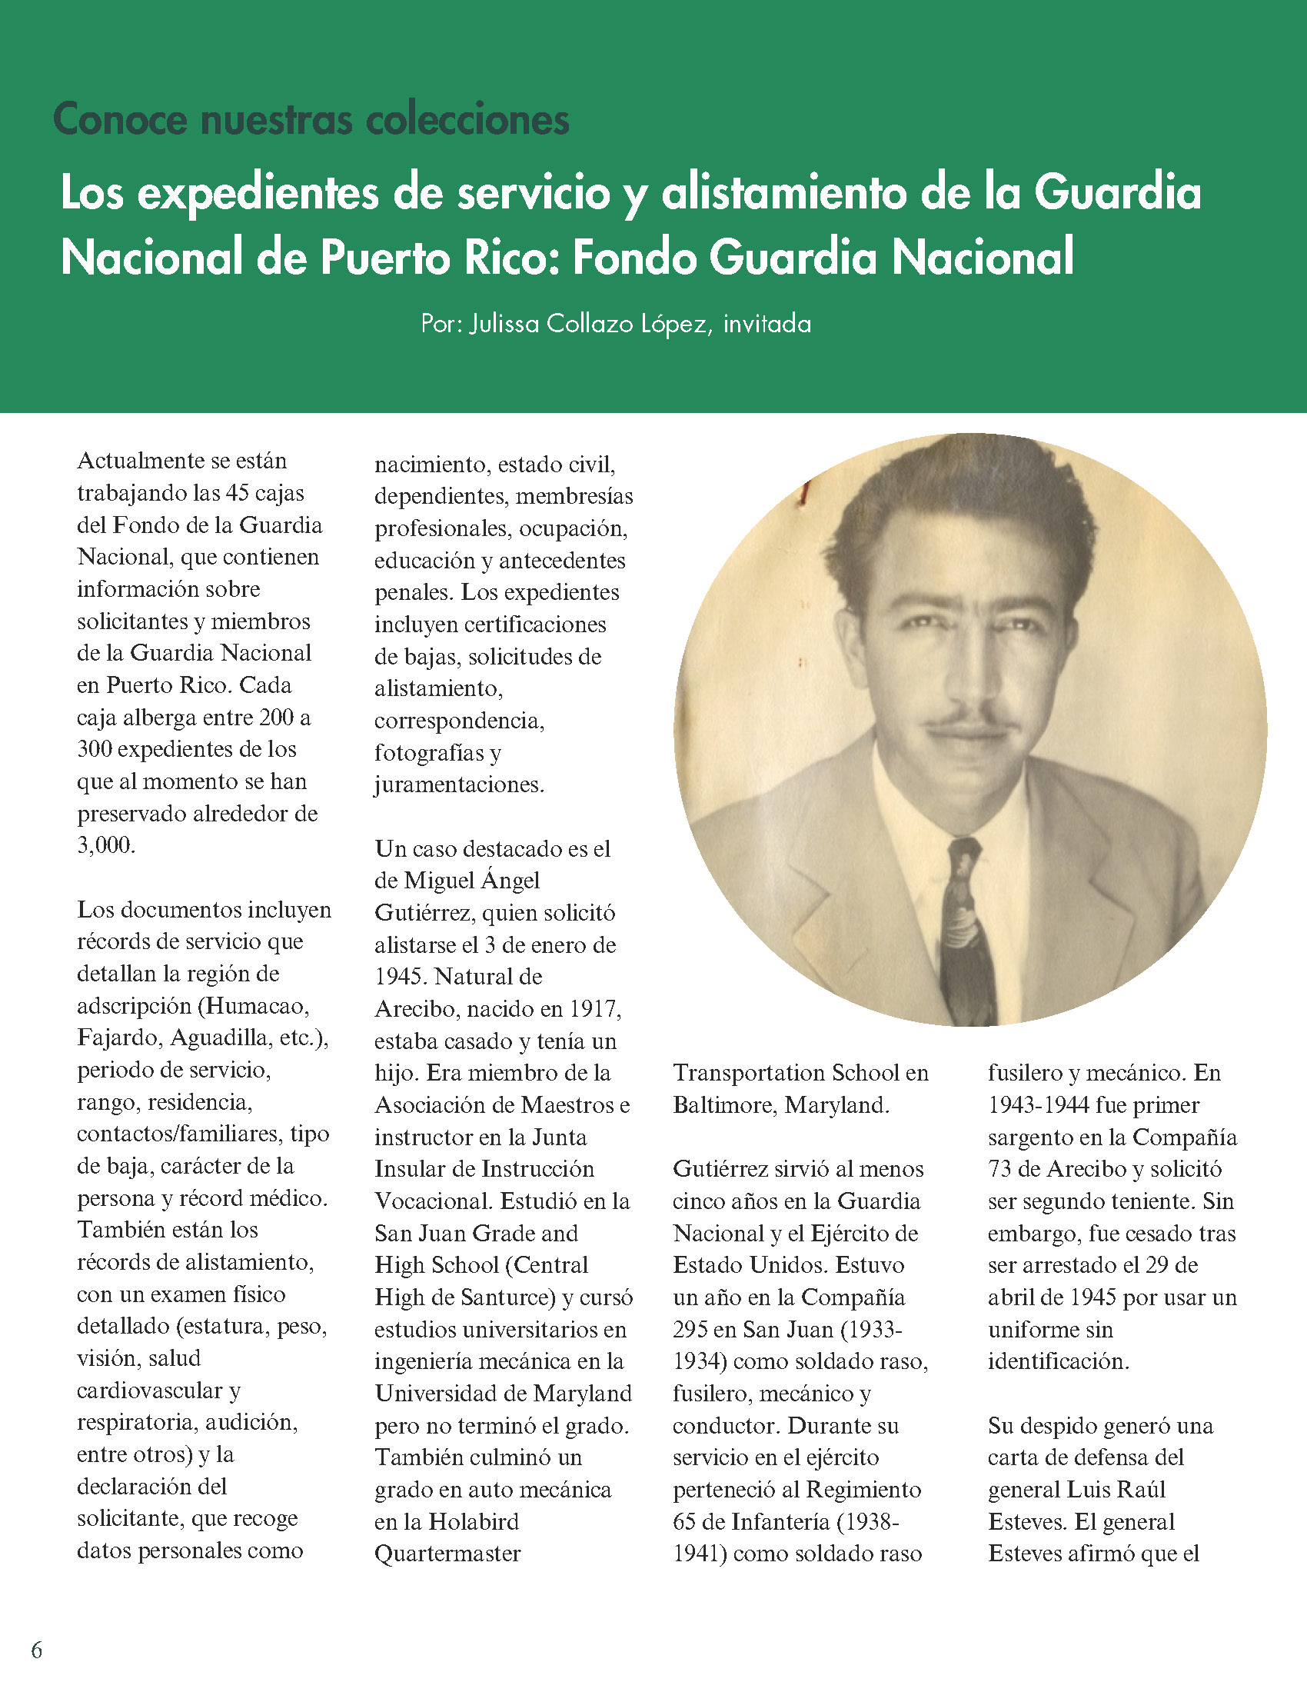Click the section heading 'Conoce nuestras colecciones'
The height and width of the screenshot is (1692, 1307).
(x=311, y=119)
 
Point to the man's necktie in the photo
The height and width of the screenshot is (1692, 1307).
(x=969, y=930)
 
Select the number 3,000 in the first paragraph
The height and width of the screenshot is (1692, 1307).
(x=106, y=845)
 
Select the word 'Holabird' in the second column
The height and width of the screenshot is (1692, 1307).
(x=473, y=1521)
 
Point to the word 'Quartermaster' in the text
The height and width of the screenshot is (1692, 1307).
(x=447, y=1554)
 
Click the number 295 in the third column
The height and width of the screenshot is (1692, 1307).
(x=689, y=1330)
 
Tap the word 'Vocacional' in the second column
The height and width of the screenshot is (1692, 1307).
(x=433, y=1201)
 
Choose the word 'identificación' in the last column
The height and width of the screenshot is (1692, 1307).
(x=1058, y=1361)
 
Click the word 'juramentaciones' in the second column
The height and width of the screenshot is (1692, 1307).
(x=457, y=784)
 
